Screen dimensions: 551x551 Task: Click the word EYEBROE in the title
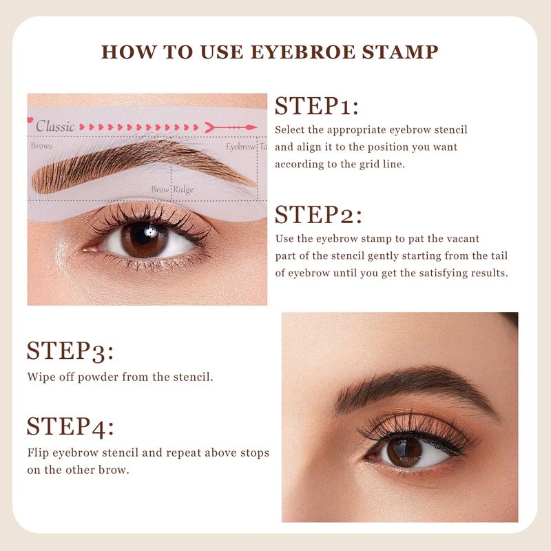tap(303, 52)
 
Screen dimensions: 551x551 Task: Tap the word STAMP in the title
tap(400, 52)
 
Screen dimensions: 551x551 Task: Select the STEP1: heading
tap(317, 106)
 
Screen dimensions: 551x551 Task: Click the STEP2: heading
tap(318, 215)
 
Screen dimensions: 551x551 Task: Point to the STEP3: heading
tap(70, 351)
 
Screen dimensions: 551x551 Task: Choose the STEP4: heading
tap(70, 426)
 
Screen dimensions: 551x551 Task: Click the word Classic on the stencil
tap(55, 126)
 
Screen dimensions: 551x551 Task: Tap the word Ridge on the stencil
tap(183, 190)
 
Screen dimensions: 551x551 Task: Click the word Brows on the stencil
tap(41, 145)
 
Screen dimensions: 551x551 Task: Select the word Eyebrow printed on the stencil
tap(240, 147)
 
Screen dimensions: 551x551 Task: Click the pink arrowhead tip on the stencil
tap(257, 127)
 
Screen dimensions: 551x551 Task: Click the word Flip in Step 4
tap(38, 453)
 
